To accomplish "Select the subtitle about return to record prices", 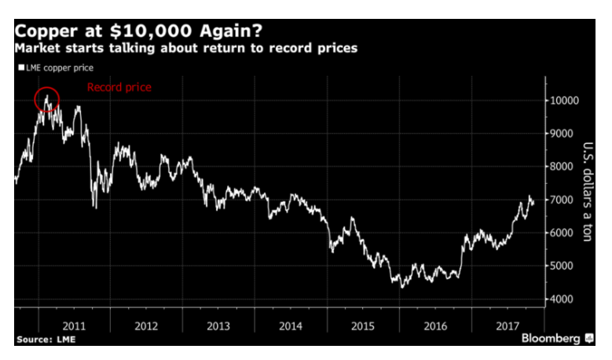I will tap(186, 49).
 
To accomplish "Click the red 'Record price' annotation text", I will tap(119, 87).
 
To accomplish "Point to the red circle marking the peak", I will tap(47, 99).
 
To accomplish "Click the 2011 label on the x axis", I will tap(74, 325).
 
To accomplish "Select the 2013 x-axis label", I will tap(218, 325).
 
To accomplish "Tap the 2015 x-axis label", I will tap(363, 325).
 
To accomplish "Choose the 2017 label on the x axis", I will tap(508, 325).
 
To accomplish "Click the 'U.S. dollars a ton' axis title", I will tap(588, 192).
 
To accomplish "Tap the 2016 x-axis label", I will tap(435, 325).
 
